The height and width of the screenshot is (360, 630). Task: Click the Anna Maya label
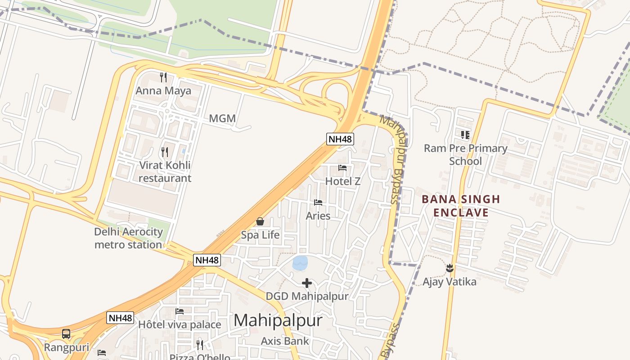(x=163, y=90)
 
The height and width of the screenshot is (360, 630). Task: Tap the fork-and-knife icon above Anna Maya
(x=163, y=77)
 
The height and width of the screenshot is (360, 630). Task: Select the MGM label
(x=222, y=119)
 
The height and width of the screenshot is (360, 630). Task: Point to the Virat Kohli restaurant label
(x=165, y=171)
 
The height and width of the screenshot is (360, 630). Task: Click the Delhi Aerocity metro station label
(x=128, y=238)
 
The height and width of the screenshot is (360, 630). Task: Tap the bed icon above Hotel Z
(x=342, y=168)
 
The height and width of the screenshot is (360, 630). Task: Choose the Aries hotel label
(x=318, y=216)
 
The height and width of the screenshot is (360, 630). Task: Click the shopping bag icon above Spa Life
(x=260, y=221)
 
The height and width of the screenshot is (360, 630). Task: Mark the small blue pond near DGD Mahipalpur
(x=300, y=263)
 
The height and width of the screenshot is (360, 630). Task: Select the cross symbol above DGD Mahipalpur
(x=307, y=283)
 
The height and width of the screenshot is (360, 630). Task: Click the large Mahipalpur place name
(x=278, y=320)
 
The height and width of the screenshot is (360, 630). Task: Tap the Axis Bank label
(x=285, y=341)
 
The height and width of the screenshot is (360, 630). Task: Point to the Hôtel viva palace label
(x=180, y=324)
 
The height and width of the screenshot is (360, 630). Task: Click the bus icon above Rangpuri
(x=66, y=334)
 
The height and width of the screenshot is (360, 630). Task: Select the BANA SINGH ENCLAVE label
(x=461, y=206)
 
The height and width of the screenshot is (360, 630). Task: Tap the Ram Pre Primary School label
(x=465, y=154)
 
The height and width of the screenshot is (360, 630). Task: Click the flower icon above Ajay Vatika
(x=449, y=269)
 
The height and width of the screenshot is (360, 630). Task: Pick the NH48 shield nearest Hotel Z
(x=340, y=139)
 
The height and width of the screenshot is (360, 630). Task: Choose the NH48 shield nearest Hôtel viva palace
(x=121, y=318)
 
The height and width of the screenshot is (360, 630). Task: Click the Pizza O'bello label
(x=200, y=357)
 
